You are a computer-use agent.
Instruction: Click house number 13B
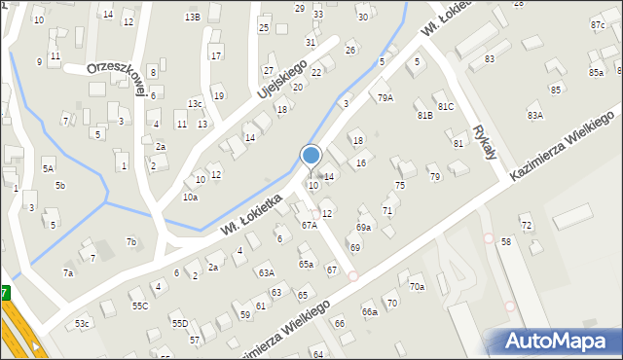pyautogui.click(x=193, y=17)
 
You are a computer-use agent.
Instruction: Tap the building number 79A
pyautogui.click(x=386, y=98)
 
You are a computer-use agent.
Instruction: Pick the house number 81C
pyautogui.click(x=446, y=106)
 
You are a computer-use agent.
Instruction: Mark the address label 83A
pyautogui.click(x=535, y=116)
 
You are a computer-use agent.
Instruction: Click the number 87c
pyautogui.click(x=597, y=24)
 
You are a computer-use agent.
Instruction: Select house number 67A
pyautogui.click(x=309, y=225)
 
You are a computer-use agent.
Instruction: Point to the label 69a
pyautogui.click(x=363, y=228)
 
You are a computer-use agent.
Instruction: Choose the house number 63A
pyautogui.click(x=266, y=273)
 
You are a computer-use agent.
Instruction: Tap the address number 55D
pyautogui.click(x=179, y=323)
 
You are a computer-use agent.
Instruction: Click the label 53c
pyautogui.click(x=83, y=323)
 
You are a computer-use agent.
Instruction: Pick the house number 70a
pyautogui.click(x=417, y=287)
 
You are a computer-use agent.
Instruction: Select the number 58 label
pyautogui.click(x=505, y=241)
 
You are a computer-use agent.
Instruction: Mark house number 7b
pyautogui.click(x=131, y=241)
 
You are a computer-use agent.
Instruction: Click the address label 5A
pyautogui.click(x=48, y=168)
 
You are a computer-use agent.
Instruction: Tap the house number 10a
pyautogui.click(x=190, y=198)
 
